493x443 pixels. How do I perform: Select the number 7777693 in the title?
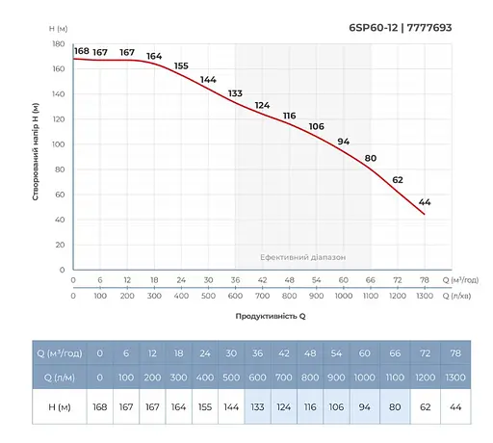pyautogui.click(x=429, y=28)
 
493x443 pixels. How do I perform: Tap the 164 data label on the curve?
pyautogui.click(x=154, y=56)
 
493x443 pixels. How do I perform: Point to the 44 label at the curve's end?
pyautogui.click(x=425, y=201)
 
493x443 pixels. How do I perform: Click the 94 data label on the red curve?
pyautogui.click(x=343, y=142)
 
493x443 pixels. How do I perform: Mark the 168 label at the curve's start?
pyautogui.click(x=81, y=51)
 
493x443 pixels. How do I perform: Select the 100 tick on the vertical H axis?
pyautogui.click(x=58, y=144)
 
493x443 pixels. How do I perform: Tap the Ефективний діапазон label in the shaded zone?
pyautogui.click(x=302, y=258)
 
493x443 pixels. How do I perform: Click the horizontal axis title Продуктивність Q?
pyautogui.click(x=271, y=315)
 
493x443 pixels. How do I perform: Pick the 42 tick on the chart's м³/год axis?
pyautogui.click(x=263, y=280)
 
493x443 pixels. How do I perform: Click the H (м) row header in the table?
pyautogui.click(x=49, y=405)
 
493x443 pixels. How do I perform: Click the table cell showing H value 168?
pyautogui.click(x=99, y=405)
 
